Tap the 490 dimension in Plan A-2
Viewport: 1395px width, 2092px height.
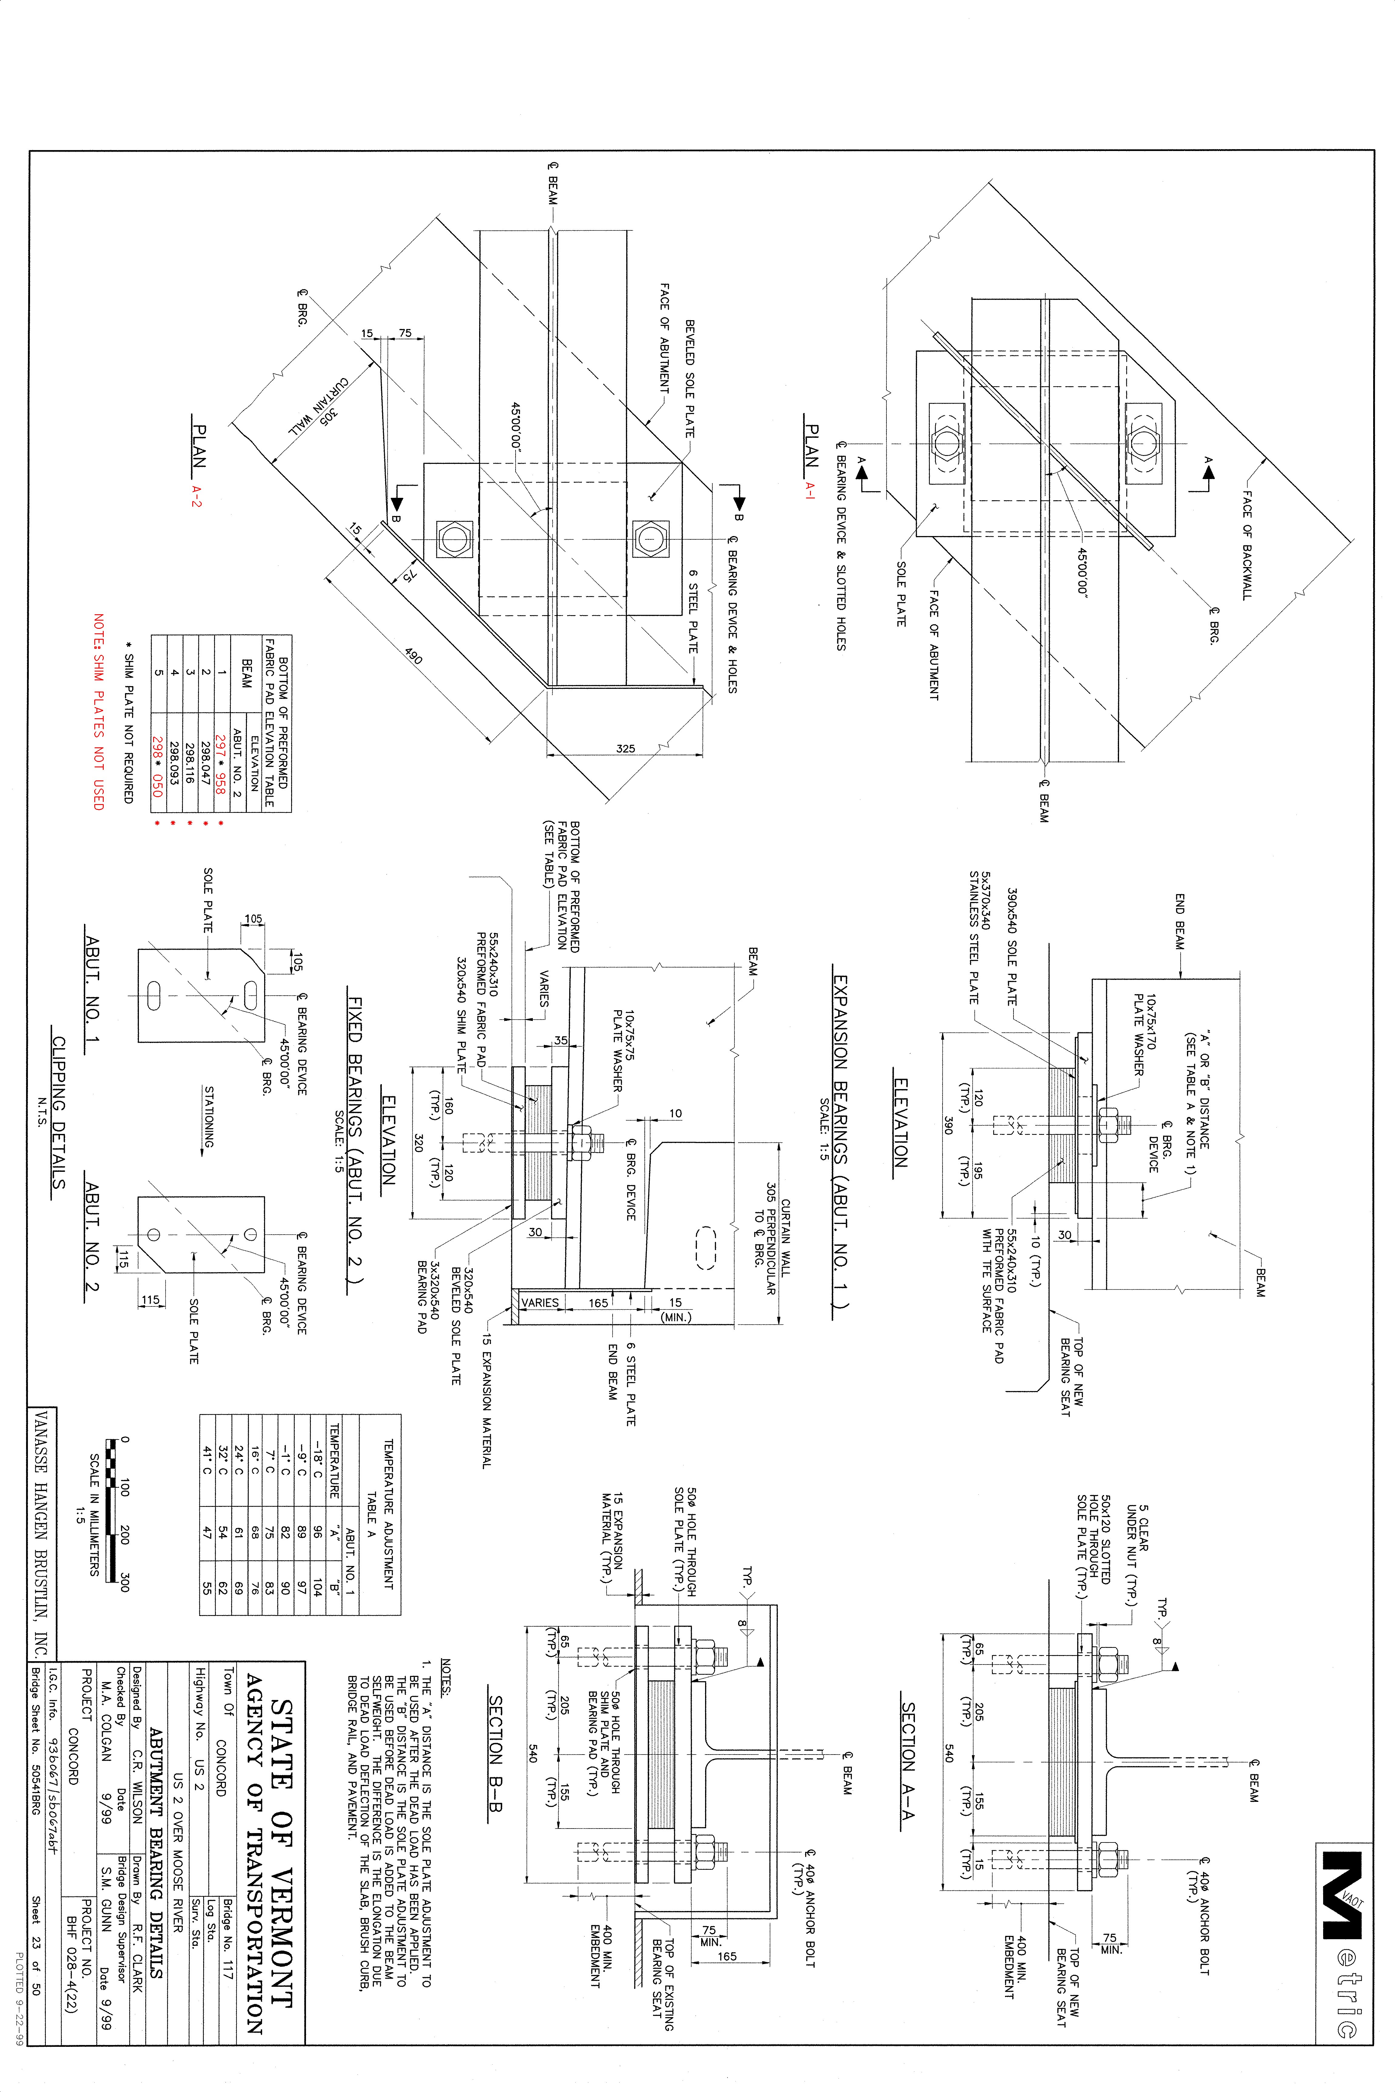(x=414, y=655)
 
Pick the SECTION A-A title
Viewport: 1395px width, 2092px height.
(x=907, y=1761)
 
